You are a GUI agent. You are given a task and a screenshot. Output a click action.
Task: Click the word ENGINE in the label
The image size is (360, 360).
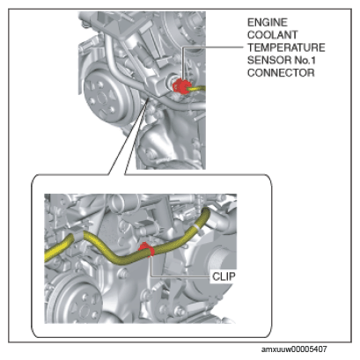pos(268,22)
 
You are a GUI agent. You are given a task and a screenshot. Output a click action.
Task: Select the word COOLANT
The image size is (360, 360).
pos(272,35)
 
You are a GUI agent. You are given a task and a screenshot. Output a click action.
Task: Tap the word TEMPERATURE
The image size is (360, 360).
pos(286,48)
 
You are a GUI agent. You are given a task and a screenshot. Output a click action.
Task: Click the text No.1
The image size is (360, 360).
pos(305,60)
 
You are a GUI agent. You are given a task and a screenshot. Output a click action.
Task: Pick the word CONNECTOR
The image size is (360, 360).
pos(281,73)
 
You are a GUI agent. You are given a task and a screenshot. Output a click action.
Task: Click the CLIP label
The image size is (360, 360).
pos(224,276)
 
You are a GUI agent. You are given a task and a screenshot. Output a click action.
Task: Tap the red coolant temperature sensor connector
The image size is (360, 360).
pos(180,86)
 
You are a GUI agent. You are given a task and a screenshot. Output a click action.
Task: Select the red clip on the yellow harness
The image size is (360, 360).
pos(146,250)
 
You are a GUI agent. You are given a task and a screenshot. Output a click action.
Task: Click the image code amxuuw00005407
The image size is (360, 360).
pos(294,349)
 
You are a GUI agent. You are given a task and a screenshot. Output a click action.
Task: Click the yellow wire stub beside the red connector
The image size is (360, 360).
pos(198,88)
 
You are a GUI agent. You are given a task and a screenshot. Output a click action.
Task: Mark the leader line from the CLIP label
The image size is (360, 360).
pos(175,276)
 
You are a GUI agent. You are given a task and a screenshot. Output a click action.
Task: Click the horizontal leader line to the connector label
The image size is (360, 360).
pos(213,48)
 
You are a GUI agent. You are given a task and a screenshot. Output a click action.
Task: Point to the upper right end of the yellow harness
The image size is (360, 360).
pos(206,211)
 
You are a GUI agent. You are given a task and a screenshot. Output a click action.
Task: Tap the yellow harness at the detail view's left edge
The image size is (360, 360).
pos(47,256)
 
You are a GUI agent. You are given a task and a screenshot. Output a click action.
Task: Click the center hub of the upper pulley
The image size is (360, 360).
pos(102,99)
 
